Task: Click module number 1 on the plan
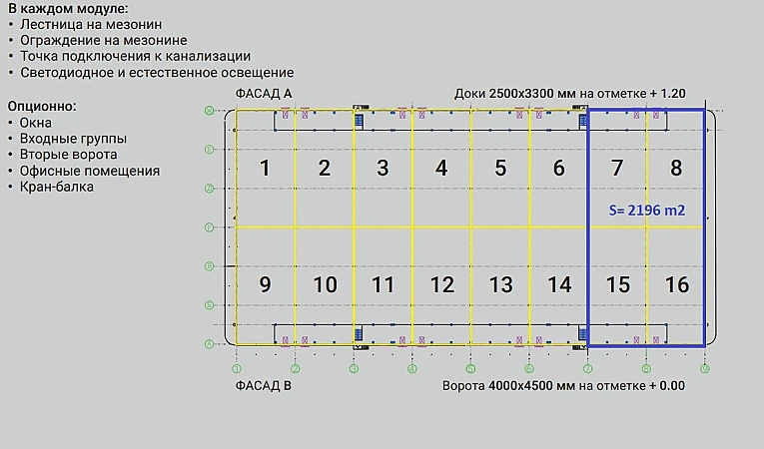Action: (x=265, y=169)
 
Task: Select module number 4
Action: (x=441, y=169)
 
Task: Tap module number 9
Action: (x=265, y=285)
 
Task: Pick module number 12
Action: (x=441, y=285)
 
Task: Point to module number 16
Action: (x=676, y=285)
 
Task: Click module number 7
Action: (x=617, y=169)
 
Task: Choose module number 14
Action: (x=559, y=285)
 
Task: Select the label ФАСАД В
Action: (x=264, y=384)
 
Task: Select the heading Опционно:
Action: (x=42, y=105)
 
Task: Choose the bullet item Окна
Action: (x=36, y=122)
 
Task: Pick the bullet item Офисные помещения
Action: (x=89, y=171)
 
